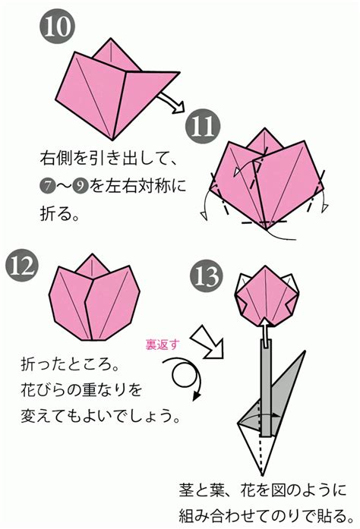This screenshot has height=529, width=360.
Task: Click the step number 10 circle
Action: tap(57, 27)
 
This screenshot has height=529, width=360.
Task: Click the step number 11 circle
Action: tap(203, 127)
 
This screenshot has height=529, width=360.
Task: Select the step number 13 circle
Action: tap(207, 276)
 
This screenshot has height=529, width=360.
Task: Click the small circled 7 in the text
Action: tap(47, 186)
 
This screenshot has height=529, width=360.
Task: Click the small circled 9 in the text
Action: tap(80, 186)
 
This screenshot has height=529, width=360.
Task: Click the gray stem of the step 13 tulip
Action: tap(265, 388)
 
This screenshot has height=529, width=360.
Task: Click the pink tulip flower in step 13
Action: tap(267, 295)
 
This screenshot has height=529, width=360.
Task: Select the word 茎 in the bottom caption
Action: tap(187, 490)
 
